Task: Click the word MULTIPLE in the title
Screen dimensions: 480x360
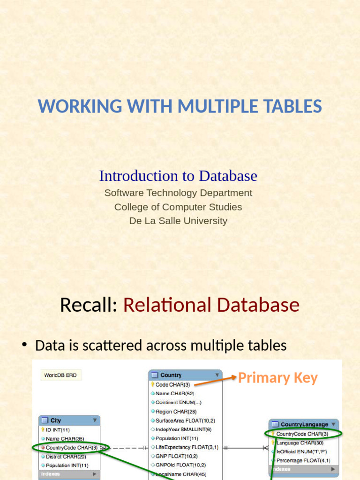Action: click(216, 106)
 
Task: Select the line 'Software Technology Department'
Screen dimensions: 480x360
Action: click(178, 193)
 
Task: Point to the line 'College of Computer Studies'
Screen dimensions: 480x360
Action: click(178, 207)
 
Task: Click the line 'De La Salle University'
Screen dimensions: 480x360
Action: click(178, 220)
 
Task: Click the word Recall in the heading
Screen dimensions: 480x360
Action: click(88, 305)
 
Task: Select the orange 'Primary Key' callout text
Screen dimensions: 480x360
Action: click(277, 378)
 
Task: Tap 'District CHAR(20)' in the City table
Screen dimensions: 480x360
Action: click(66, 457)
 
